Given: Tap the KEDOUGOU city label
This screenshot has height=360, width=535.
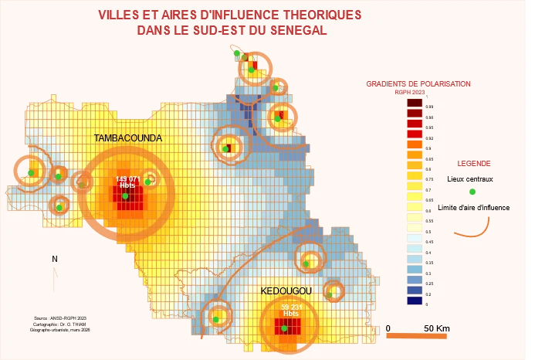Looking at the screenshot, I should click(286, 290).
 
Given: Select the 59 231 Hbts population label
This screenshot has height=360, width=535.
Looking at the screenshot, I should click(290, 311).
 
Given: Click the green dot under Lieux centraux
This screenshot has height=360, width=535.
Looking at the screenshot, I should click(473, 192).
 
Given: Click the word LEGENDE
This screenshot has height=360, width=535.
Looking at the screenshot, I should click(474, 164).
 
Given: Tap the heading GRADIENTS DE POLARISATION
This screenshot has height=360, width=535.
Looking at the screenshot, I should click(418, 83).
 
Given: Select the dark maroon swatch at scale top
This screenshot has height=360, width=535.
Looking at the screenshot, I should click(414, 102).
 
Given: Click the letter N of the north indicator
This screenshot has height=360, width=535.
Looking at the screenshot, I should click(55, 260).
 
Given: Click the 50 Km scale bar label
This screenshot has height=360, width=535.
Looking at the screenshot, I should click(436, 328).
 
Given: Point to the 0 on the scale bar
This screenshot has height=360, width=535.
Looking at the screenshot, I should click(388, 328).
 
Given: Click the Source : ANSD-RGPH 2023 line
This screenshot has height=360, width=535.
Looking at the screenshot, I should click(61, 318).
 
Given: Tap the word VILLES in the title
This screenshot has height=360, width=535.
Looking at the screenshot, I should click(120, 15).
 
